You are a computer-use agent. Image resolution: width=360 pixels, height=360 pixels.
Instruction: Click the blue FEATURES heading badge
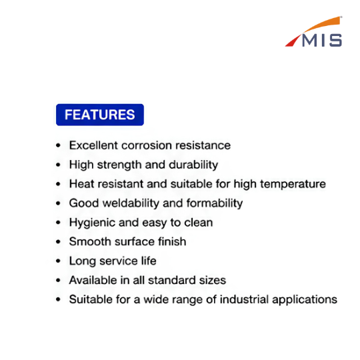pyautogui.click(x=100, y=115)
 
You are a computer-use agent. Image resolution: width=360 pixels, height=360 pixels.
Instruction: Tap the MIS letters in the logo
pyautogui.click(x=322, y=41)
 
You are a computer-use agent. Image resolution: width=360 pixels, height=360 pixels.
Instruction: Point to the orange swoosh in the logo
pyautogui.click(x=322, y=24)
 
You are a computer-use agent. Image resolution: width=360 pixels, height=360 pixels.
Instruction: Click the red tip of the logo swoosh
pyautogui.click(x=293, y=41)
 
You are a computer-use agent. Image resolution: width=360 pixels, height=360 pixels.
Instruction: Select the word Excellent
pyautogui.click(x=94, y=145)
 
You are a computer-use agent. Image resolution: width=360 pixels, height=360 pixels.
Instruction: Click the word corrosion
pyautogui.click(x=147, y=145)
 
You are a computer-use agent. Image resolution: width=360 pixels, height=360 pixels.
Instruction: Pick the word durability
pyautogui.click(x=193, y=165)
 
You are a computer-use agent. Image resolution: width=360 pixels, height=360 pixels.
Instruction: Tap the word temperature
pyautogui.click(x=293, y=184)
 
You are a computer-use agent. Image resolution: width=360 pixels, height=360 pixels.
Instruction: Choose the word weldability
pyautogui.click(x=131, y=203)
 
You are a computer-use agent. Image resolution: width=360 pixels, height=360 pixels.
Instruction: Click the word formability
pyautogui.click(x=215, y=203)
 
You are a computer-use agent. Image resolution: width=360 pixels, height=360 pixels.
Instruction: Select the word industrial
pyautogui.click(x=244, y=299)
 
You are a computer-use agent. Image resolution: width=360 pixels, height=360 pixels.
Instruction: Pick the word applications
pyautogui.click(x=305, y=300)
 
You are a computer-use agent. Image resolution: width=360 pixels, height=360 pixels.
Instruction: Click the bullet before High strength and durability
pyautogui.click(x=58, y=165)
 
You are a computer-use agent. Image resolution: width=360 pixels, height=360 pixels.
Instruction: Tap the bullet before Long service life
pyautogui.click(x=58, y=261)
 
